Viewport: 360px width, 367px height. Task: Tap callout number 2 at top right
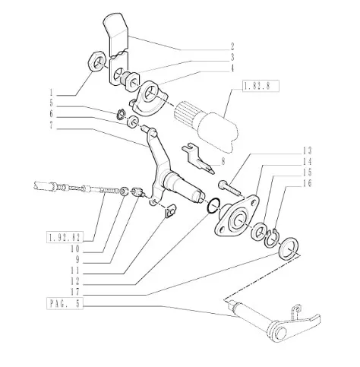click(232, 46)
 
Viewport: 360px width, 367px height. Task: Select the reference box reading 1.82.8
click(261, 86)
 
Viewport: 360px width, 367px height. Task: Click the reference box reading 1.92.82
click(65, 238)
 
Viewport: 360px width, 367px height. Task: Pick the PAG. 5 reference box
click(65, 303)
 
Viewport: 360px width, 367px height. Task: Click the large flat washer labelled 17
click(289, 248)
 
